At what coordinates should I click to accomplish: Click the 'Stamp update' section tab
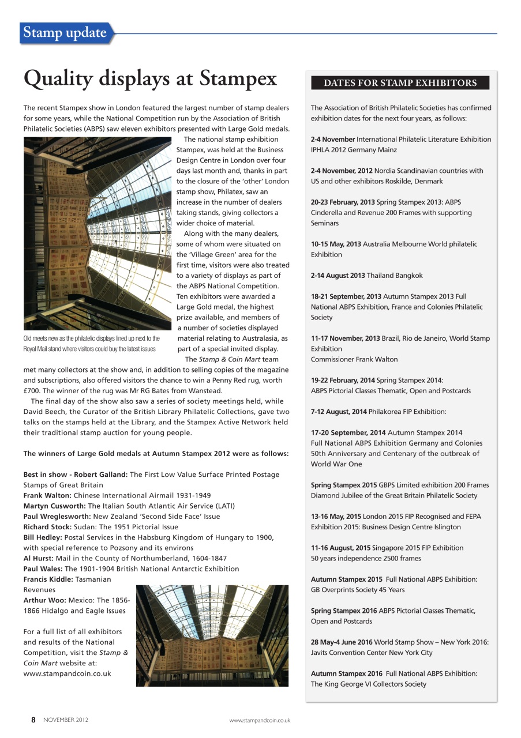(65, 33)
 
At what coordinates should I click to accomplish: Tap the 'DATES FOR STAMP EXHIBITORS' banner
(400, 83)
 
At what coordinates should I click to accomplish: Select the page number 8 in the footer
(33, 720)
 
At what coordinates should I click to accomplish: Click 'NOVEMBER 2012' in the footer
(66, 720)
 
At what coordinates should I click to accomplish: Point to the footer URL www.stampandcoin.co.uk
(260, 720)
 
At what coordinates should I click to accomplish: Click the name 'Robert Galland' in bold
(102, 475)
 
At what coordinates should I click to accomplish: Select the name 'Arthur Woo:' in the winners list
(44, 600)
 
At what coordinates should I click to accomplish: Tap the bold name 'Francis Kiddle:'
(48, 579)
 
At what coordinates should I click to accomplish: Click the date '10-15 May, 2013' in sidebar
(336, 244)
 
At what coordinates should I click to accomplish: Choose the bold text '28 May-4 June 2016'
(341, 642)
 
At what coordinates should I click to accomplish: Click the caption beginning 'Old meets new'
(91, 344)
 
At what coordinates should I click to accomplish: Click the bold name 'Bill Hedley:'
(43, 537)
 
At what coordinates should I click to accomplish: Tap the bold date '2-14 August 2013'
(338, 276)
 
